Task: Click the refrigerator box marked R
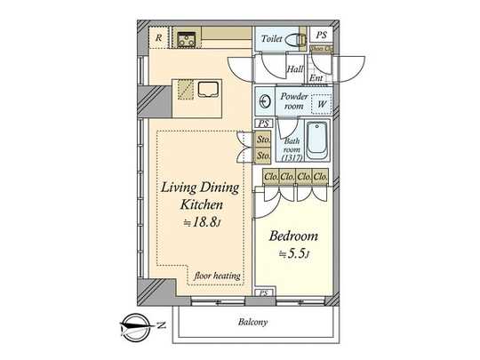(158, 37)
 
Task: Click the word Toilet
(272, 38)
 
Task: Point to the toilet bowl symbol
(297, 38)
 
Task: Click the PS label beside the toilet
(322, 36)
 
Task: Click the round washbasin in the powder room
(266, 100)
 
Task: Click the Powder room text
(293, 100)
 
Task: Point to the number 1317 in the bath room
(291, 158)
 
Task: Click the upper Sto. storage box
(262, 140)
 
